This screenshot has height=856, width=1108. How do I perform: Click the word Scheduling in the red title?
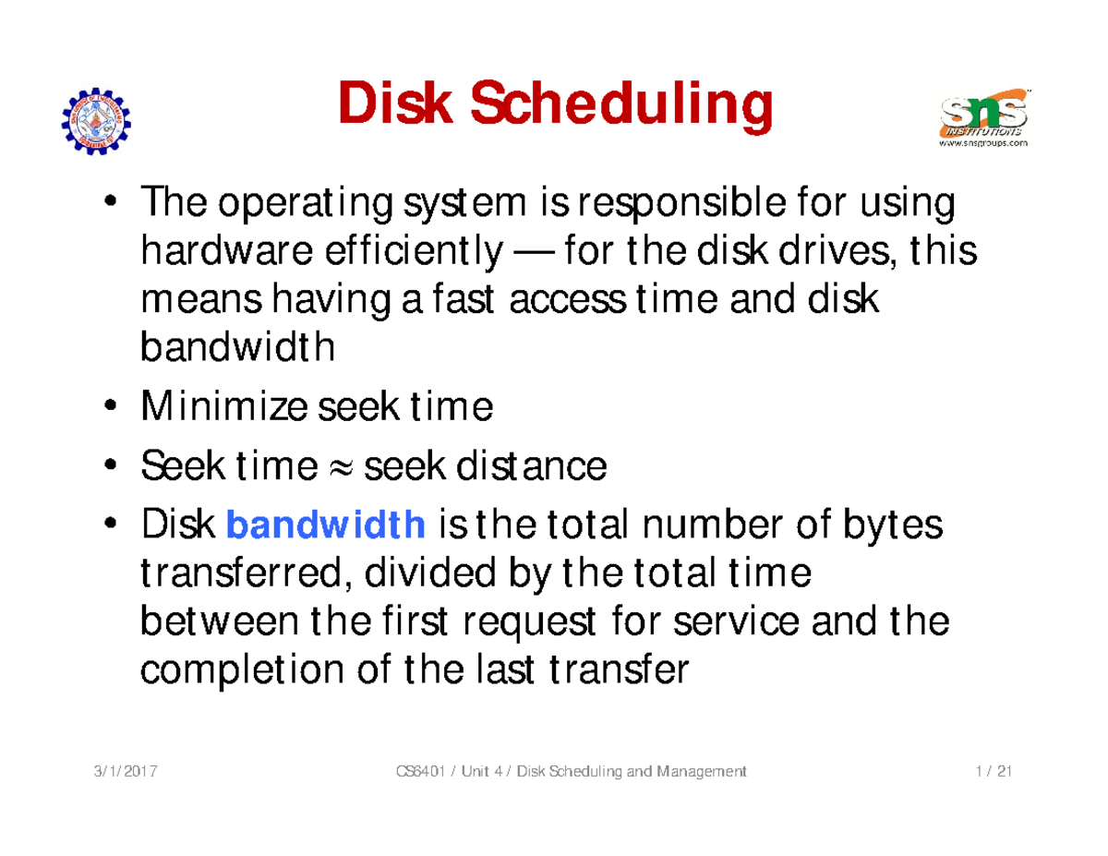pyautogui.click(x=620, y=106)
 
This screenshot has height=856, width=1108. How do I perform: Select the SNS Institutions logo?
pyautogui.click(x=983, y=114)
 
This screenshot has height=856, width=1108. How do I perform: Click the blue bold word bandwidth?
pyautogui.click(x=325, y=527)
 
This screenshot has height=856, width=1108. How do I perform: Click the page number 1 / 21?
pyautogui.click(x=991, y=772)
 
